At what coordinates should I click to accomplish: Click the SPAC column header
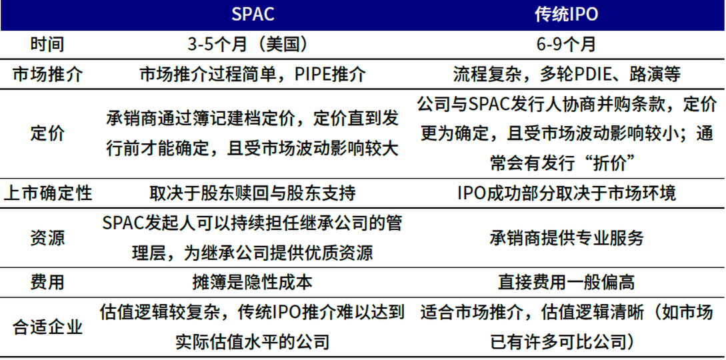(x=253, y=15)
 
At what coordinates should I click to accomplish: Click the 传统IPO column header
(x=566, y=15)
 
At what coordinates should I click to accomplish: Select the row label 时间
(x=47, y=45)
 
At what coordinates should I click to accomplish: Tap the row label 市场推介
(x=47, y=74)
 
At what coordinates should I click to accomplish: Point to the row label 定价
(x=47, y=133)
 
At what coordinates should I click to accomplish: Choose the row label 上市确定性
(x=47, y=193)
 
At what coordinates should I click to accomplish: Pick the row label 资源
(x=47, y=238)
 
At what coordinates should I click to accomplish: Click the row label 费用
(x=47, y=282)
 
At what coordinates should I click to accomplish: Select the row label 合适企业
(x=47, y=327)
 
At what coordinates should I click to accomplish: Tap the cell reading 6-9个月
(x=566, y=45)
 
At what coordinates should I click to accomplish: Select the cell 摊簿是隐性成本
(x=253, y=282)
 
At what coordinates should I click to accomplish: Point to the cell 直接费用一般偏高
(x=566, y=282)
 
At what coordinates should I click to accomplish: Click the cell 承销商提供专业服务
(x=566, y=238)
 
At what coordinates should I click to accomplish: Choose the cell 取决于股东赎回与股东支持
(x=253, y=193)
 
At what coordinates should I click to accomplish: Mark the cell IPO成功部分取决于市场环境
(x=566, y=193)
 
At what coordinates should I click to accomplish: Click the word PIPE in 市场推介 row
(x=313, y=74)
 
